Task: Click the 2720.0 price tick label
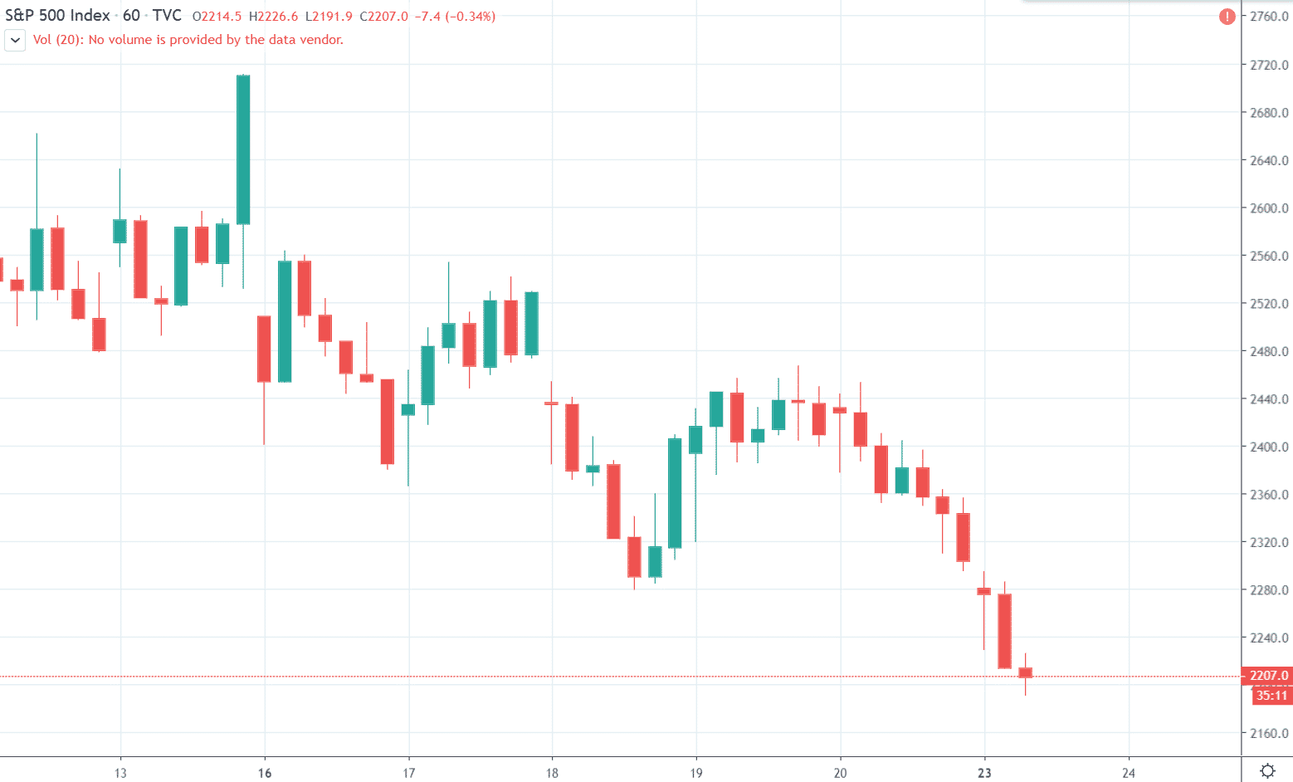tap(1269, 65)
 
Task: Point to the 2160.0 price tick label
tap(1269, 734)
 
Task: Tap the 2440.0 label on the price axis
tap(1269, 399)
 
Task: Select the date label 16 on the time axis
tap(265, 773)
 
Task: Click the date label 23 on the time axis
tap(984, 773)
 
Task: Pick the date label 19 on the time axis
tap(696, 773)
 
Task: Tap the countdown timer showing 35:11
tap(1271, 696)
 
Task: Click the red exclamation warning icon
tap(1227, 17)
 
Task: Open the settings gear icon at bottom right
tap(1267, 770)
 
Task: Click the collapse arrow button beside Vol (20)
tap(15, 40)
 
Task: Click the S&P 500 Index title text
tap(57, 16)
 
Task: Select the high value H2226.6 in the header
tap(273, 17)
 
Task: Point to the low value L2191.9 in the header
tap(329, 17)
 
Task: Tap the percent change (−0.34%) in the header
tap(470, 17)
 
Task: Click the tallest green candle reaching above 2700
tap(243, 149)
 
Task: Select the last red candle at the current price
tap(1025, 672)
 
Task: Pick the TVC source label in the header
tap(167, 16)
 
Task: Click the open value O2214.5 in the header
tap(217, 17)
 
